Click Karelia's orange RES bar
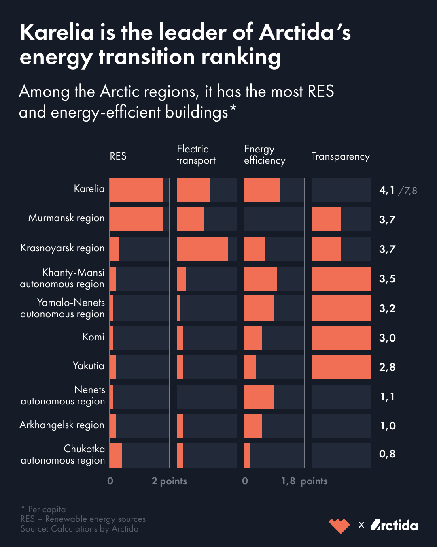click(136, 190)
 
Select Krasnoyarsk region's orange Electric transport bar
click(202, 249)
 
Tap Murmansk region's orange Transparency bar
click(326, 219)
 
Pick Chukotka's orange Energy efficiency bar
click(247, 456)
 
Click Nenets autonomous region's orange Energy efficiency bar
click(259, 397)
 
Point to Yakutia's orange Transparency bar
click(341, 367)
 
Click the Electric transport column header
click(196, 155)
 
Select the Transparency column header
click(340, 156)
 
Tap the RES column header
click(118, 156)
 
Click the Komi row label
click(93, 337)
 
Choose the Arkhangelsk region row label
click(62, 425)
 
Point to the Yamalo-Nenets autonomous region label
click(63, 308)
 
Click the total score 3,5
click(387, 279)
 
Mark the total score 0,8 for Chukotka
click(387, 454)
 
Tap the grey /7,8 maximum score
click(407, 190)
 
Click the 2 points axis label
click(169, 481)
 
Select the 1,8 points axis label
click(304, 481)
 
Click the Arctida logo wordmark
click(394, 525)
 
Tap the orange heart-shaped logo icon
click(339, 526)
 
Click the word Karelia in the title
click(57, 32)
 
